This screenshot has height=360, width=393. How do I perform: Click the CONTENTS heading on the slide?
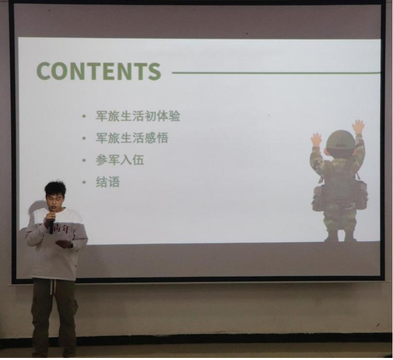pyautogui.click(x=98, y=71)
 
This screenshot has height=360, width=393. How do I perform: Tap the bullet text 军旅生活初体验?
pyautogui.click(x=138, y=116)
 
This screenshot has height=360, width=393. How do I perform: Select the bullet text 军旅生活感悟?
pyautogui.click(x=132, y=138)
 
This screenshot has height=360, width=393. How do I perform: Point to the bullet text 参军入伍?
pyautogui.click(x=120, y=160)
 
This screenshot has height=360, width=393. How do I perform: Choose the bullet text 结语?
pyautogui.click(x=108, y=182)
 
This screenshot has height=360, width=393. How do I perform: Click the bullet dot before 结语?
pyautogui.click(x=84, y=182)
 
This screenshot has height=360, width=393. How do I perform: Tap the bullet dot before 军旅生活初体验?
pyautogui.click(x=84, y=116)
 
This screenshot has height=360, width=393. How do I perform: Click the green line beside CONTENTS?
pyautogui.click(x=276, y=73)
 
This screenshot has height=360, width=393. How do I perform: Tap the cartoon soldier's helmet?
pyautogui.click(x=341, y=140)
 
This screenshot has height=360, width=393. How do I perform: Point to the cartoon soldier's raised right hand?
pyautogui.click(x=358, y=127)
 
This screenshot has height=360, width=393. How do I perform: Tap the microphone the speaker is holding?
pyautogui.click(x=51, y=225)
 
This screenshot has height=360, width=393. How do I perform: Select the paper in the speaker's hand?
pyautogui.click(x=63, y=243)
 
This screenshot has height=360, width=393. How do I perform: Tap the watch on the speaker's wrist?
pyautogui.click(x=72, y=244)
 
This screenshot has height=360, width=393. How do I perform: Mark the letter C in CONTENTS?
pyautogui.click(x=44, y=71)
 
